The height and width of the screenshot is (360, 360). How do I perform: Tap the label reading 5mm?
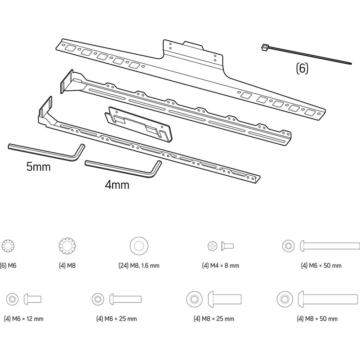tap(39, 167)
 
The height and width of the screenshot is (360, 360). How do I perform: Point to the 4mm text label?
tap(117, 185)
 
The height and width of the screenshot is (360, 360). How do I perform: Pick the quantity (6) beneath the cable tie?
tap(302, 68)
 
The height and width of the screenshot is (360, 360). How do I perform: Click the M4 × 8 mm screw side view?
tap(228, 246)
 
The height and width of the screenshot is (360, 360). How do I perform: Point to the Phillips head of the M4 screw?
tap(213, 246)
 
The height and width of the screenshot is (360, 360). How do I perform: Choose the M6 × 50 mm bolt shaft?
tap(331, 246)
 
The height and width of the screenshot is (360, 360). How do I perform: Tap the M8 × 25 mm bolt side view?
tap(225, 299)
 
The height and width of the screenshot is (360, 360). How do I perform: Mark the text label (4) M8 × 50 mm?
tap(318, 319)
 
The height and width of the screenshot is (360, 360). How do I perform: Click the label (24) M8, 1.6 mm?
tap(139, 266)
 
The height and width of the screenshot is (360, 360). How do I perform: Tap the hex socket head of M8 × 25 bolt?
tap(194, 299)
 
